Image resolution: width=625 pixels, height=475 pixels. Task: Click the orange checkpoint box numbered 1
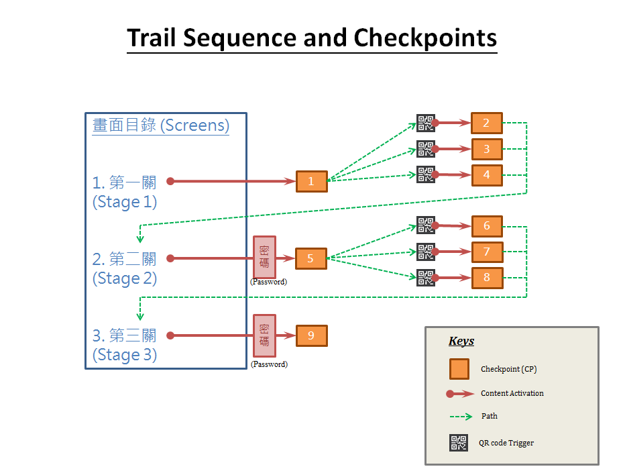pos(312,181)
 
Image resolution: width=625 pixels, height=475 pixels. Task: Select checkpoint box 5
pos(311,258)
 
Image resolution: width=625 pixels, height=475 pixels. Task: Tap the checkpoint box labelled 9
pos(312,336)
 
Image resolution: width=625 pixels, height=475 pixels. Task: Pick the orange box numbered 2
pos(487,123)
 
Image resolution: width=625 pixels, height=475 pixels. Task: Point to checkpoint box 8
pos(487,278)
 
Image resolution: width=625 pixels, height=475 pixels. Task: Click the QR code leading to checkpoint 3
pos(425,149)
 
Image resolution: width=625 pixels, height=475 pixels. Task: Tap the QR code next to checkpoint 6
pos(425,225)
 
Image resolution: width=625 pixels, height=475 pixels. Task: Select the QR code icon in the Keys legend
pos(459,443)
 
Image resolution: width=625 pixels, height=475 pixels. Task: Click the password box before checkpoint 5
pos(264,257)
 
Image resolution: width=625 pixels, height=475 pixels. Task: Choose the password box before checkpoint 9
pos(264,335)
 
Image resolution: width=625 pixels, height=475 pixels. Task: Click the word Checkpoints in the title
pos(425,38)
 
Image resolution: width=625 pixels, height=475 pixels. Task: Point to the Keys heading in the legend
pos(461,341)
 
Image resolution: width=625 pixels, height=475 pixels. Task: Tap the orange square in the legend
pos(459,369)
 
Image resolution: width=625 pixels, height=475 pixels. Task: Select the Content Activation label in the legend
pos(512,393)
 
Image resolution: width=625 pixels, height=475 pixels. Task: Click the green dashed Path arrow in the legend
pos(461,417)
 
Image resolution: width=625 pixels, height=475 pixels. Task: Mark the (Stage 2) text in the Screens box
pos(125,278)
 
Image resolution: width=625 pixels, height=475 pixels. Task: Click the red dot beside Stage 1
pos(170,181)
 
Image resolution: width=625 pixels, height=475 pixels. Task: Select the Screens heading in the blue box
pos(161,125)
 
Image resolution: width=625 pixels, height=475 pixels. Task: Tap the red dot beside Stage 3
pos(170,335)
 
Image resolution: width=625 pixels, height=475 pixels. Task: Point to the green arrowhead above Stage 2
pos(140,240)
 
